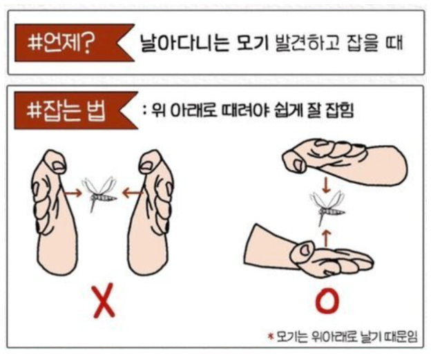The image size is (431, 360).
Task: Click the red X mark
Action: (x=104, y=301)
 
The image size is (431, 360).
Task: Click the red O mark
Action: (x=327, y=301)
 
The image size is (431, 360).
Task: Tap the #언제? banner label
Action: (x=61, y=43)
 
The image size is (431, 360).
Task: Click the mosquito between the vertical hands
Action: (x=99, y=193)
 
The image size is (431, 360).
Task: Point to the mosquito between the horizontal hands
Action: (x=327, y=208)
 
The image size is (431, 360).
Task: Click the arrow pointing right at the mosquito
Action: (x=73, y=193)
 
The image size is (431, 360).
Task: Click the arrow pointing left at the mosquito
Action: (x=132, y=193)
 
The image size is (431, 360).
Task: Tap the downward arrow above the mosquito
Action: (x=326, y=185)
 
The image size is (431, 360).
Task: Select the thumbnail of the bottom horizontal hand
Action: (x=305, y=251)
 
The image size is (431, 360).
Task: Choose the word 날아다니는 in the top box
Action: (x=184, y=43)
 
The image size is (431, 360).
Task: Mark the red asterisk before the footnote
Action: (x=271, y=336)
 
